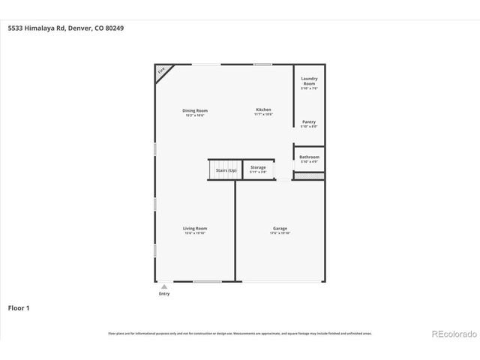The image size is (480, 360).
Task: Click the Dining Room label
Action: tap(195, 110)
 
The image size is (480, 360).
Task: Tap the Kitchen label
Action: tap(262, 109)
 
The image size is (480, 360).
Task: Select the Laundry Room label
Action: tap(309, 80)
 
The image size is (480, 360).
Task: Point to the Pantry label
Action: tap(308, 121)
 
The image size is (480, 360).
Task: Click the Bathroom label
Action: tap(309, 157)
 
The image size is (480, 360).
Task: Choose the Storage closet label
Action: tap(258, 167)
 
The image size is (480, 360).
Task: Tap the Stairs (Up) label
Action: tap(226, 170)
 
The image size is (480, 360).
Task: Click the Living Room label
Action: tap(195, 228)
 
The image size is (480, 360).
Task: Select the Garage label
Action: tap(280, 228)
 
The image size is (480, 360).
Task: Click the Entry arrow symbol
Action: tap(164, 286)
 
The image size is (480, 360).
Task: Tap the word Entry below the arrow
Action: tap(164, 294)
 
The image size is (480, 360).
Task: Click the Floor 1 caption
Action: tap(19, 307)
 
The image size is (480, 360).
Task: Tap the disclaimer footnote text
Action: tap(239, 333)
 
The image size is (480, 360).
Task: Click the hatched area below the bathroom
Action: tap(308, 176)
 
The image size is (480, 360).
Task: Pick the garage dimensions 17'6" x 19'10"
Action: tap(280, 233)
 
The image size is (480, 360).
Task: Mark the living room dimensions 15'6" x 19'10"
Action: tap(195, 233)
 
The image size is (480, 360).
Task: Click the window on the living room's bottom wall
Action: tap(207, 282)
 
